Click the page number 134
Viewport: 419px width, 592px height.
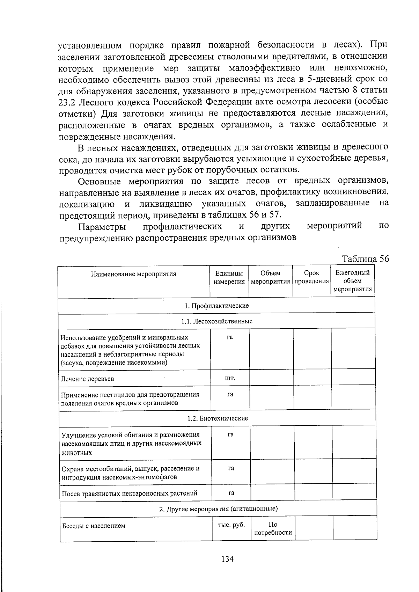(x=227, y=559)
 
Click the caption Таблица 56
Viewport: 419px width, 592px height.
(x=365, y=259)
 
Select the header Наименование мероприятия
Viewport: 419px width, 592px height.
(x=134, y=274)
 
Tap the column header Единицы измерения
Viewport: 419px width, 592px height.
(x=229, y=277)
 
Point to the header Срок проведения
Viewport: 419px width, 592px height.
(x=311, y=277)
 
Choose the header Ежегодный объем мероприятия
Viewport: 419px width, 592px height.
(x=352, y=281)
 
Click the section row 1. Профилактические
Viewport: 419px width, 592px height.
(x=216, y=306)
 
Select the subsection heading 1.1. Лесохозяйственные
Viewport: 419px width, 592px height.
(x=216, y=321)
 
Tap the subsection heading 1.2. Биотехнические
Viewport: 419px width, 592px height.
(x=217, y=418)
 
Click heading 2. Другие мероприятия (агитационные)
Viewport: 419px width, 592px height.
(x=218, y=509)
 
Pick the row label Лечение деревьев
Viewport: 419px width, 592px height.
(x=87, y=379)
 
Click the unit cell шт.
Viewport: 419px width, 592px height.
(x=230, y=378)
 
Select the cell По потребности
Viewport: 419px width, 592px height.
(x=273, y=528)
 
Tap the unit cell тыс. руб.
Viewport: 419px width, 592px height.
(x=231, y=525)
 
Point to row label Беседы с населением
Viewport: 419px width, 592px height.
(x=94, y=526)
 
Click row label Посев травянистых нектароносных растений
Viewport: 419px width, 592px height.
(x=130, y=494)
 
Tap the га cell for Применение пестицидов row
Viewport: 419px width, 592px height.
(x=230, y=394)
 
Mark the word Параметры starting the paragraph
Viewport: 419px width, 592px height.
(x=102, y=226)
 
